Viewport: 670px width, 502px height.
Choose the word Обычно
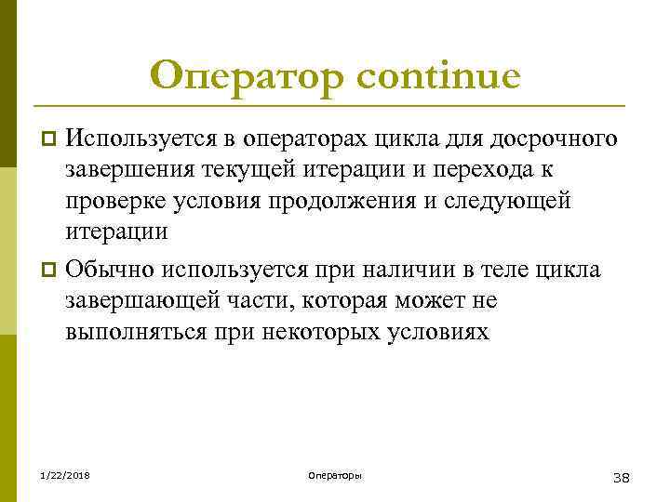click(110, 270)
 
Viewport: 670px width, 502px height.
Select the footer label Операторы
click(335, 476)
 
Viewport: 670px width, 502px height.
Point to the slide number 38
click(622, 477)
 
